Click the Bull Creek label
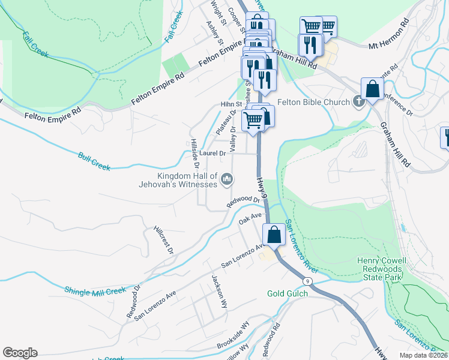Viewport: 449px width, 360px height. pos(94,161)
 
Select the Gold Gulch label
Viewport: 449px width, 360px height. pos(288,293)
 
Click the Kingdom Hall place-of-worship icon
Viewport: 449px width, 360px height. pos(228,179)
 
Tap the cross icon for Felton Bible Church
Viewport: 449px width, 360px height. pos(358,102)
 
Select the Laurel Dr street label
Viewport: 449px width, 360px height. pos(212,154)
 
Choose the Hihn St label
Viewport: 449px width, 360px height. pos(230,104)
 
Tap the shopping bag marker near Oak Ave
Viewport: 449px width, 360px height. pos(274,235)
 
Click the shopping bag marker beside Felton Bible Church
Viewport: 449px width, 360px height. pos(373,88)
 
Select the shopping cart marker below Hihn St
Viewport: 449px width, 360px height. pos(253,120)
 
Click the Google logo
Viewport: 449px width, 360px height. pos(20,353)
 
